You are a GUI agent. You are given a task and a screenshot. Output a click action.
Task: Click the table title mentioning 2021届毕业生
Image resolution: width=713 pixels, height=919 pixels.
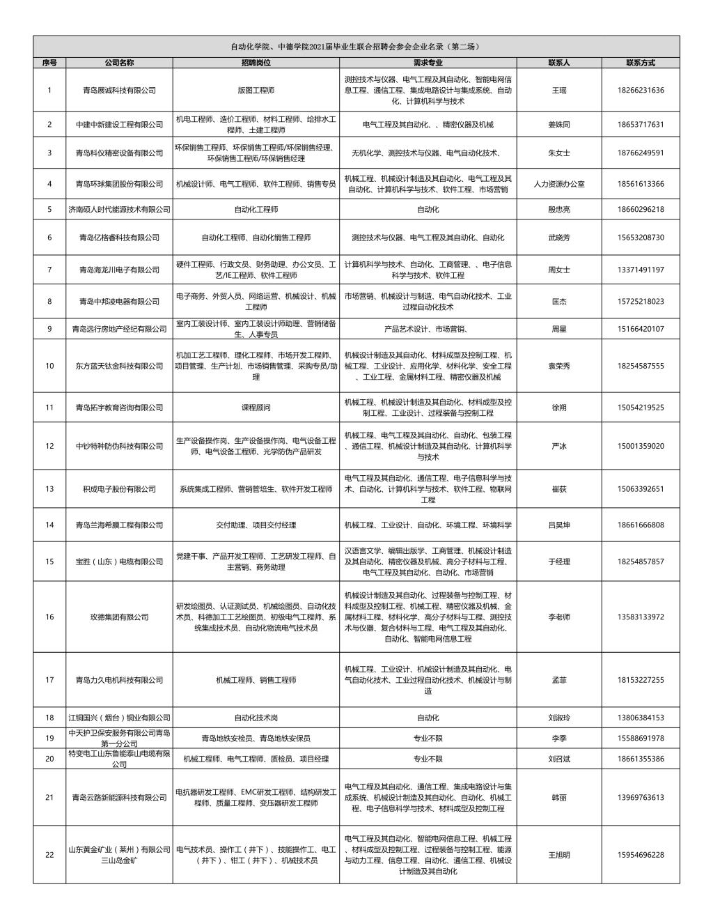[x=356, y=47]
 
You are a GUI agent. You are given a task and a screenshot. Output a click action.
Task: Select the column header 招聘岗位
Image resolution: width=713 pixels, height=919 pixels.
[x=256, y=63]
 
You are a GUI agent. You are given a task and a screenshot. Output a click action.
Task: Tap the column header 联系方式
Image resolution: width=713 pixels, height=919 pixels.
[x=640, y=63]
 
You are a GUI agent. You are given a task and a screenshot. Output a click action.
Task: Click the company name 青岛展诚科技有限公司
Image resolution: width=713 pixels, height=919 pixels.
[x=119, y=91]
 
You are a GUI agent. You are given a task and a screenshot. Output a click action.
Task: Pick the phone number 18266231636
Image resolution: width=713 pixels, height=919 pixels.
[x=640, y=91]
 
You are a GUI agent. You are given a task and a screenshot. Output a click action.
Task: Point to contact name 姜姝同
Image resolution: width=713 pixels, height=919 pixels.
[x=558, y=125]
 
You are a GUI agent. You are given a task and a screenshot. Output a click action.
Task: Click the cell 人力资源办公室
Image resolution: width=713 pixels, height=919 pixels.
[x=558, y=185]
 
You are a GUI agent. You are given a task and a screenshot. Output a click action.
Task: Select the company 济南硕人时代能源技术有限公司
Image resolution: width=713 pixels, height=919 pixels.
[x=119, y=210]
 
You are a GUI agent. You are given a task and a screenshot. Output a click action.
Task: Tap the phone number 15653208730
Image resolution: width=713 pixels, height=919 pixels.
[x=640, y=238]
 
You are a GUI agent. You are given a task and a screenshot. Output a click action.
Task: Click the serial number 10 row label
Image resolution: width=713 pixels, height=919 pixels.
[x=49, y=366]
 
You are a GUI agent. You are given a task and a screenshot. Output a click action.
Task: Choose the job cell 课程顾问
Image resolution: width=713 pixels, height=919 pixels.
[x=256, y=408]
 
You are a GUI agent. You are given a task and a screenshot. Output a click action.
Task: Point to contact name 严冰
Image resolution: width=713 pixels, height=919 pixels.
[x=558, y=446]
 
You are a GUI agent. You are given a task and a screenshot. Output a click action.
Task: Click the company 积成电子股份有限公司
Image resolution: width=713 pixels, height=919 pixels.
[x=119, y=489]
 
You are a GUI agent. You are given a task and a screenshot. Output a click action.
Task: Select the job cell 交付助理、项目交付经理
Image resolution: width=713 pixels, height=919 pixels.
[x=256, y=525]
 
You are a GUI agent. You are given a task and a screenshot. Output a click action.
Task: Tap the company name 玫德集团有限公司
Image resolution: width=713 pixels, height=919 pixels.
[x=119, y=617]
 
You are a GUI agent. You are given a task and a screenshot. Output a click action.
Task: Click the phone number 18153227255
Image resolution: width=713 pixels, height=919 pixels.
[x=640, y=680]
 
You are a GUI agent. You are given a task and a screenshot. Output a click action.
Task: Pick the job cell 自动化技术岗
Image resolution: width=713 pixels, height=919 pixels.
[x=256, y=718]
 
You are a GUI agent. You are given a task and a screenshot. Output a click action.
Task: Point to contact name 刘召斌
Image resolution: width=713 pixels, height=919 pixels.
[x=558, y=759]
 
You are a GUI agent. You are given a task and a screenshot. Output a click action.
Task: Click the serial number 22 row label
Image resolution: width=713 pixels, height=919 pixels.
[x=49, y=855]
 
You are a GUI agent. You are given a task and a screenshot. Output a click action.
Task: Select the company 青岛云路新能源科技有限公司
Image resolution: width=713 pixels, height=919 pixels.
[x=119, y=798]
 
